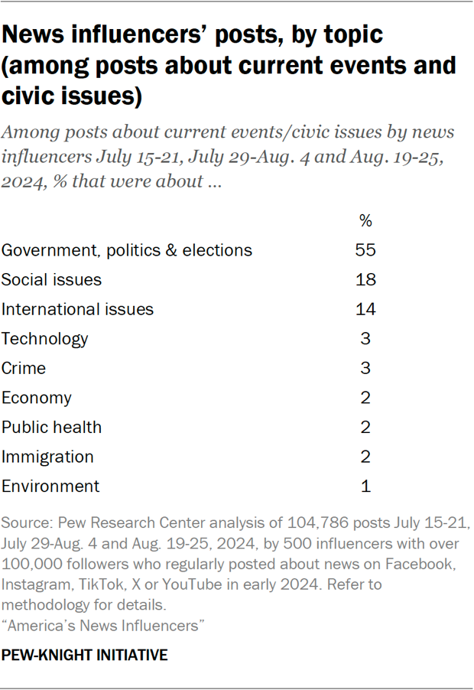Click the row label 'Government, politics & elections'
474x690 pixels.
pos(127,250)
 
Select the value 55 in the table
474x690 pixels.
pos(365,250)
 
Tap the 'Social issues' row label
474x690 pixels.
pos(51,280)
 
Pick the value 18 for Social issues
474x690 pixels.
pos(365,280)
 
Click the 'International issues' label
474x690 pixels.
pos(77,309)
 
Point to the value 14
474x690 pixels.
pos(365,309)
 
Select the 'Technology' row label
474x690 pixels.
pos(45,339)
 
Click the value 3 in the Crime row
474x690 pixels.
pos(365,368)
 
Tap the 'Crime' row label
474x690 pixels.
pos(24,368)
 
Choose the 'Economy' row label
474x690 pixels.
pos(37,398)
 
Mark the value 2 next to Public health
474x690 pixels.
pos(365,427)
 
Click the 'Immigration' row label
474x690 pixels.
pos(47,457)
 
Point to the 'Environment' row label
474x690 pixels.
pos(50,487)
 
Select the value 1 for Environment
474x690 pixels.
pos(365,487)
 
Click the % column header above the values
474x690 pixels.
pos(365,221)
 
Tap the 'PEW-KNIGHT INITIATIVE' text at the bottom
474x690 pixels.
pos(84,656)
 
